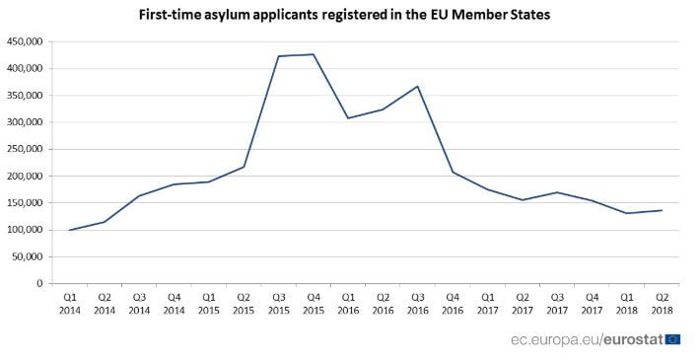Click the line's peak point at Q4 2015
[314, 54]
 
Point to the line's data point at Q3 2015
[279, 56]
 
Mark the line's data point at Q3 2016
[418, 87]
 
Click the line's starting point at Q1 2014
[70, 230]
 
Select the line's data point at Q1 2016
[348, 118]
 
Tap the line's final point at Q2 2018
[661, 210]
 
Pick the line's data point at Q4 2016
[453, 173]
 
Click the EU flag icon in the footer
[672, 339]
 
